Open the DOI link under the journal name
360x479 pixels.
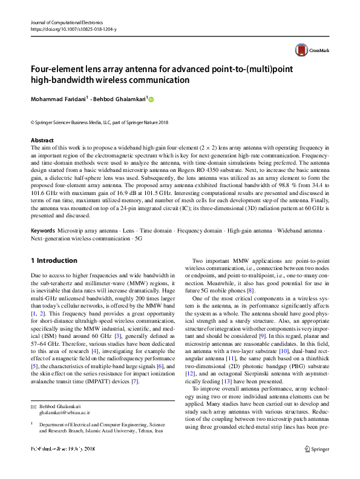pyautogui.click(x=73, y=29)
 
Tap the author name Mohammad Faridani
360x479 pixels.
pyautogui.click(x=57, y=99)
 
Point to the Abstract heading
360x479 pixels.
pyautogui.click(x=41, y=140)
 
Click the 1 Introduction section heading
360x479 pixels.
pyautogui.click(x=54, y=260)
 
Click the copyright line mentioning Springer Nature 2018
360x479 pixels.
pyautogui.click(x=99, y=122)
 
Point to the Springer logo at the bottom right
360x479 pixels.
pyautogui.click(x=318, y=465)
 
